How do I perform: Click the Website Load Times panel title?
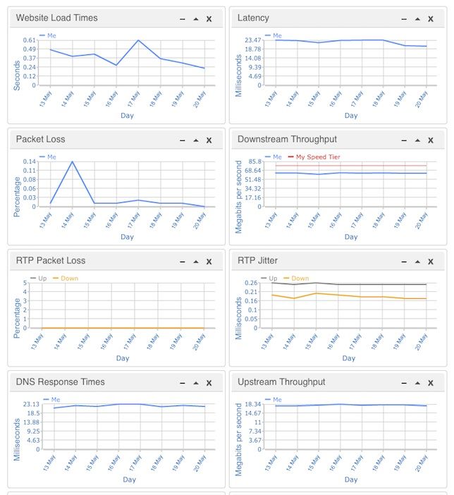pyautogui.click(x=56, y=18)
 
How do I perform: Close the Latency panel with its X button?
pyautogui.click(x=431, y=19)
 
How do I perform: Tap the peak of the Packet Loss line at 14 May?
pyautogui.click(x=72, y=161)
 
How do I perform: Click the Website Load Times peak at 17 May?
pyautogui.click(x=139, y=40)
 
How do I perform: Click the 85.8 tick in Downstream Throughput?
pyautogui.click(x=255, y=161)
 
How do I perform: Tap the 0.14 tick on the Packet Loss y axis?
pyautogui.click(x=30, y=161)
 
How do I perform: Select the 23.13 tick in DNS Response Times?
pyautogui.click(x=31, y=404)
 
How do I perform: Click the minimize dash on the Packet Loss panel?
pyautogui.click(x=183, y=140)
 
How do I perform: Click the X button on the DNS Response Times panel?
pyautogui.click(x=209, y=383)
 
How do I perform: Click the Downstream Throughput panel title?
pyautogui.click(x=287, y=139)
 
